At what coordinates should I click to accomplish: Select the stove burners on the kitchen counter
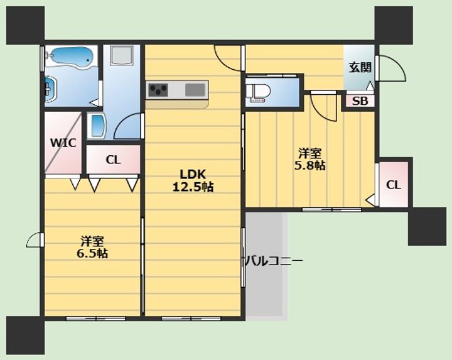(x=158, y=90)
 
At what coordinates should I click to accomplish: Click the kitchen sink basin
(x=195, y=89)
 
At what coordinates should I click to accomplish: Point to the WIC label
(x=63, y=143)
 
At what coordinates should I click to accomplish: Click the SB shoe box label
(x=360, y=101)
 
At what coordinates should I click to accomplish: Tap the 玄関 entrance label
(x=360, y=68)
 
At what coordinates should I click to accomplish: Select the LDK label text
(x=193, y=174)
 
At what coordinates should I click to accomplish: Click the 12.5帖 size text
(x=193, y=187)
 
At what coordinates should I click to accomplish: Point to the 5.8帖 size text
(x=310, y=166)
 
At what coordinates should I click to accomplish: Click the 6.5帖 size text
(x=92, y=254)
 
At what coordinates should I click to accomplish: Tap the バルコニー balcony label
(x=274, y=261)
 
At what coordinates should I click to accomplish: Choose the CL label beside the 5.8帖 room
(x=394, y=185)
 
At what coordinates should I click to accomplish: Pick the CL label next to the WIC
(x=113, y=160)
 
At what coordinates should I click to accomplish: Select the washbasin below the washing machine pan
(x=97, y=126)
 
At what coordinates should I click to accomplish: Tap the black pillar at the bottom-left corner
(x=25, y=335)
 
